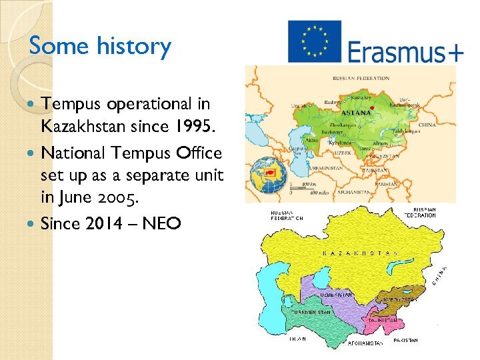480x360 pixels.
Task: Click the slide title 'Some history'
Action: (100, 46)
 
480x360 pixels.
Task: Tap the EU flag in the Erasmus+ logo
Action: (314, 41)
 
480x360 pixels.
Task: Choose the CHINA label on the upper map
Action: (427, 125)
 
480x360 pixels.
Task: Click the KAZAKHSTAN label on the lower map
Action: (360, 253)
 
